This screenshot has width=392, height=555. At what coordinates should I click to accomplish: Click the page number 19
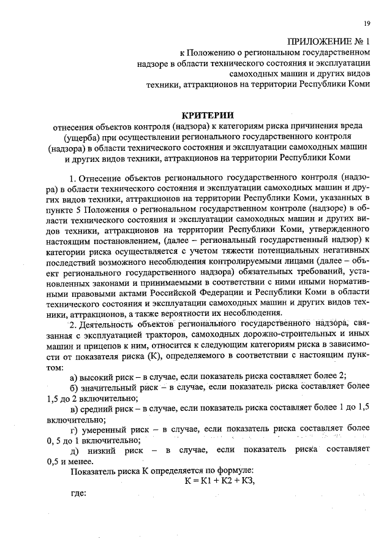tap(366, 23)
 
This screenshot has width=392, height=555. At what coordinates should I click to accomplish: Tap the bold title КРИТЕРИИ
tap(208, 115)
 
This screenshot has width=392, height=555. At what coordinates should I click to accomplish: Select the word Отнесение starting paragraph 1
tap(102, 178)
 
